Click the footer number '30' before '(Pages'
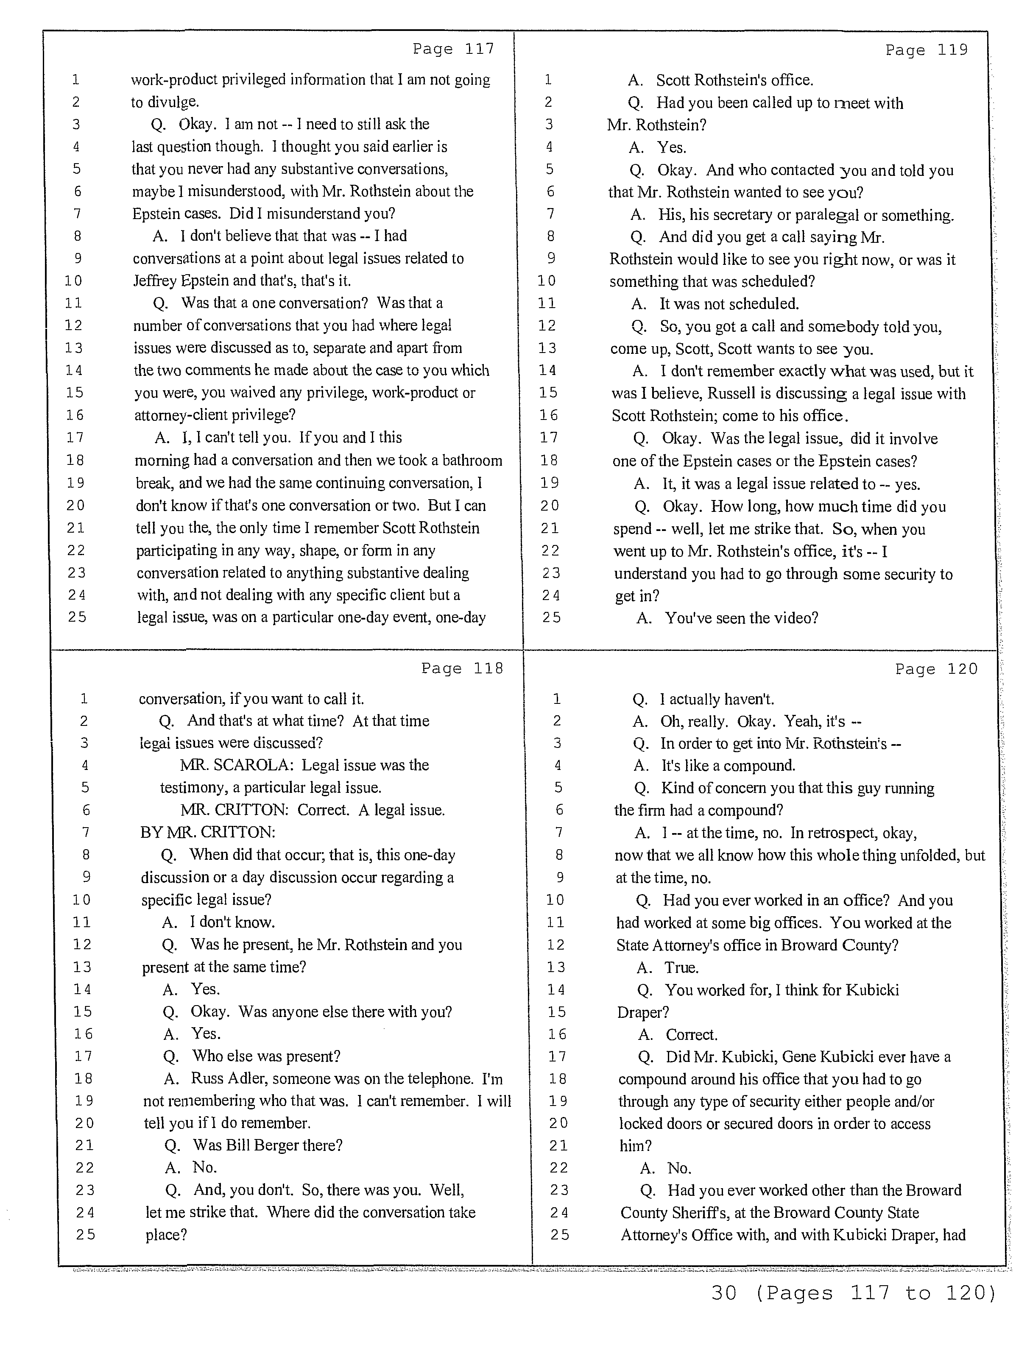[724, 1293]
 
